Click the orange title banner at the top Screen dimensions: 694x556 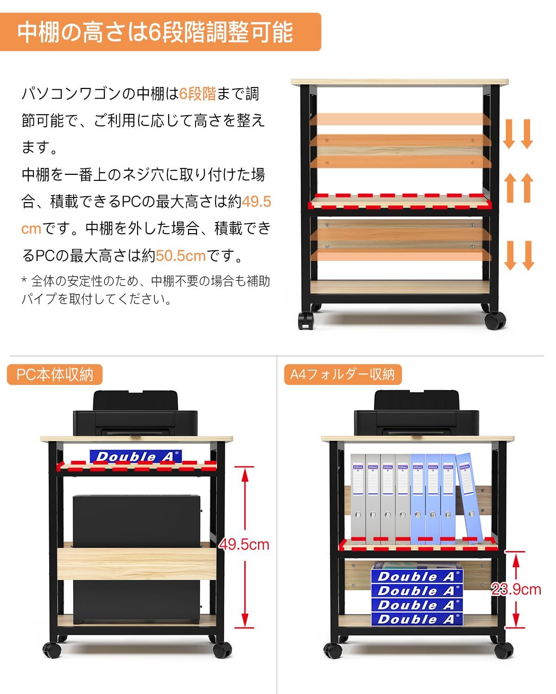tap(160, 31)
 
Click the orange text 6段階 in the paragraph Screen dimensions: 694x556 tap(198, 94)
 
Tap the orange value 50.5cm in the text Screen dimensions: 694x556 tap(181, 255)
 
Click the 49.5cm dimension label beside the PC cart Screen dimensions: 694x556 tap(244, 544)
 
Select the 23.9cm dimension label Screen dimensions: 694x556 tap(516, 589)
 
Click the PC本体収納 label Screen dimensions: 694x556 tap(55, 374)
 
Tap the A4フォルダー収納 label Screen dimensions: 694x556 tap(342, 374)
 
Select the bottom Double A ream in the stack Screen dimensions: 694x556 tap(417, 619)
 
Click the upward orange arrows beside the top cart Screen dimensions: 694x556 tap(518, 187)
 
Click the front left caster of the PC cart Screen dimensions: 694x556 tap(52, 650)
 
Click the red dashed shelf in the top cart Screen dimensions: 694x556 tap(400, 202)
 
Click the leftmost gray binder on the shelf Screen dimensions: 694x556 tap(358, 497)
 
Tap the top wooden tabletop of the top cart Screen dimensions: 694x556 tap(399, 82)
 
